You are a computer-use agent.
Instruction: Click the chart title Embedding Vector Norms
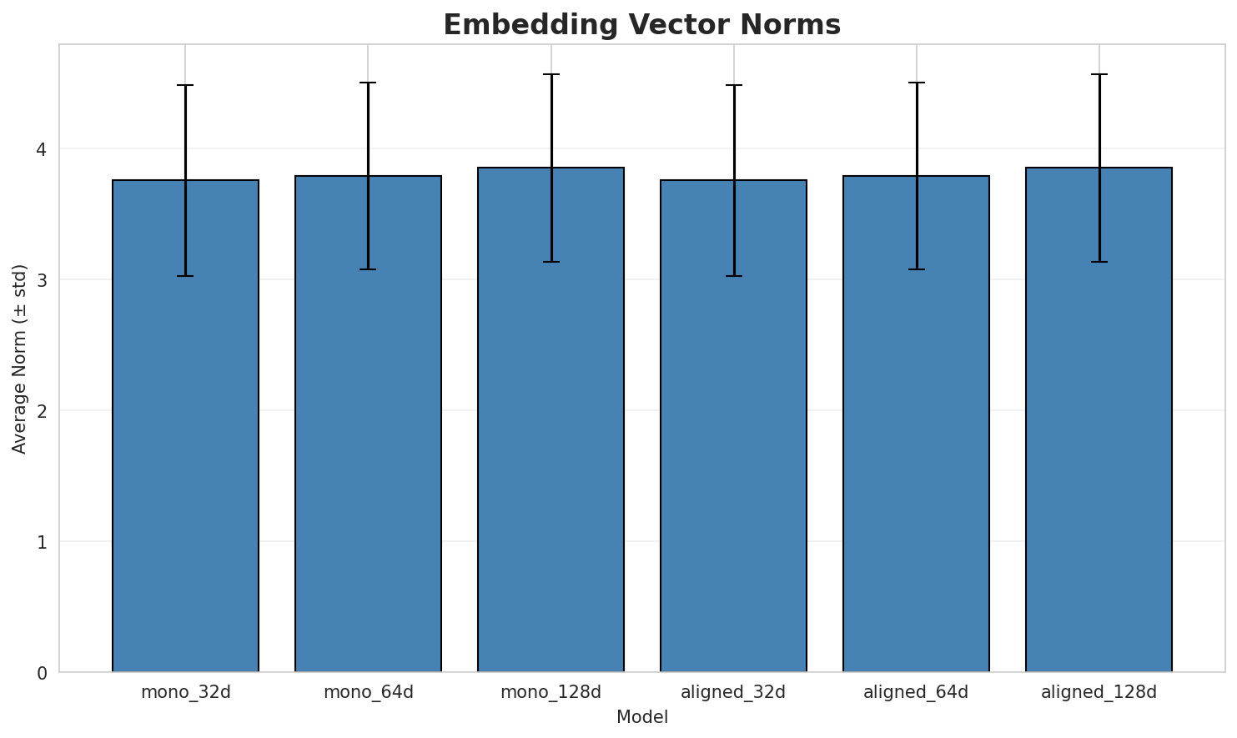(x=641, y=25)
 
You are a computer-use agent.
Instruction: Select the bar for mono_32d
(x=185, y=425)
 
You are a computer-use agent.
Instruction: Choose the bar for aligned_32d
(x=733, y=425)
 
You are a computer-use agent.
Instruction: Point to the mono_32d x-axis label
(x=185, y=692)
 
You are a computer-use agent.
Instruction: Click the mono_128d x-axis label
(x=551, y=692)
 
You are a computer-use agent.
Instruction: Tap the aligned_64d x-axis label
(x=916, y=692)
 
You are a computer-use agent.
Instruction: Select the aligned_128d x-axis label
(x=1099, y=692)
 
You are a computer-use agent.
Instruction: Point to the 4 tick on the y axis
(x=41, y=149)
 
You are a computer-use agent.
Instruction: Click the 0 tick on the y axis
(x=41, y=672)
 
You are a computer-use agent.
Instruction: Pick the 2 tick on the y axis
(x=41, y=411)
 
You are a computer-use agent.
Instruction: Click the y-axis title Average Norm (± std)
(x=20, y=359)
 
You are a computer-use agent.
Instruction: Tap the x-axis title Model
(x=642, y=717)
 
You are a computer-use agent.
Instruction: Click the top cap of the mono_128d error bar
(x=551, y=74)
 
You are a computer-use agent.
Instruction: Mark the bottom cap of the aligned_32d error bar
(x=733, y=276)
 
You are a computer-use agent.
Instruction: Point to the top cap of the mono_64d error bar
(x=368, y=83)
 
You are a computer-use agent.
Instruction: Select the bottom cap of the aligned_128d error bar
(x=1099, y=262)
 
